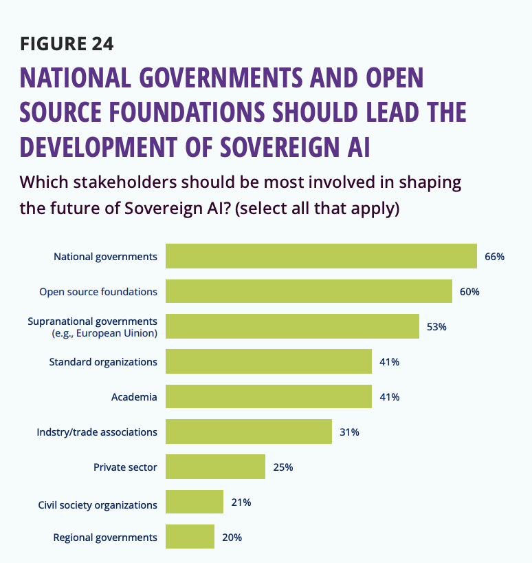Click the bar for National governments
(x=321, y=256)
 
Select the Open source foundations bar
(x=309, y=291)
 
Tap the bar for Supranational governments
(x=292, y=326)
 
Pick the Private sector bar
(x=215, y=467)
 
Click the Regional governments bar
(x=190, y=537)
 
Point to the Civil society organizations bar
(x=195, y=502)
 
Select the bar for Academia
(x=268, y=396)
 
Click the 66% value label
(x=494, y=256)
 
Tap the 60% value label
(x=469, y=291)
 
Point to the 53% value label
(x=436, y=326)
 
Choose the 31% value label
(x=349, y=432)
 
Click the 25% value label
(x=282, y=467)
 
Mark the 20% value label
(x=232, y=537)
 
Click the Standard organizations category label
(x=103, y=361)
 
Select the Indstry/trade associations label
(x=97, y=432)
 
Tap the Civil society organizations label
(x=98, y=505)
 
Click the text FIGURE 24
(x=67, y=44)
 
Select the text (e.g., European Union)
(x=104, y=333)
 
